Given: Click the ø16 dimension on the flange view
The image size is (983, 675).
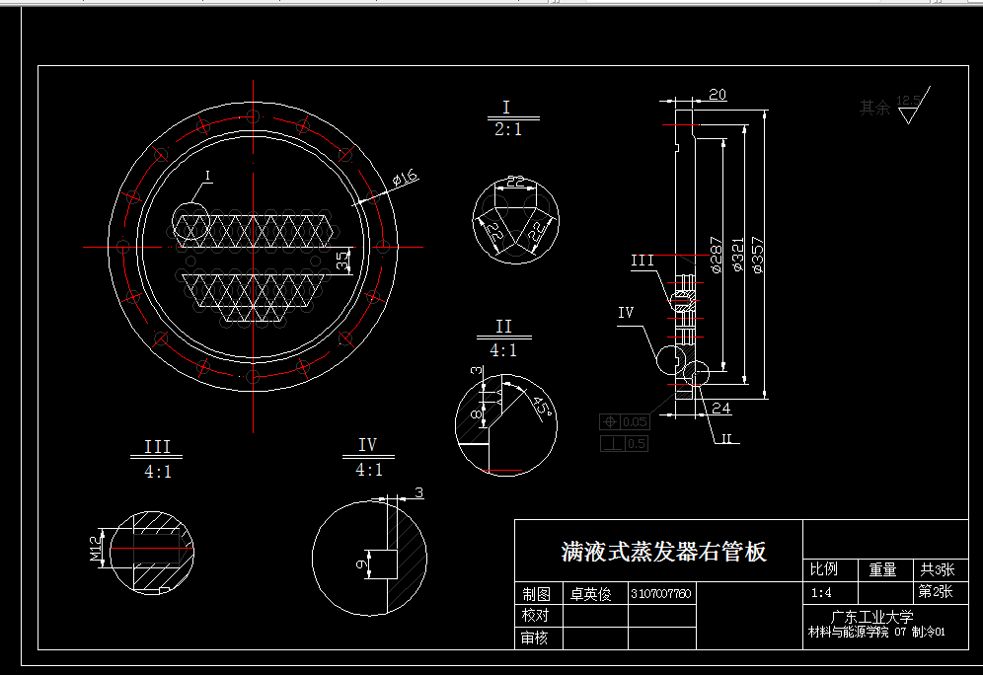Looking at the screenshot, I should pos(405,179).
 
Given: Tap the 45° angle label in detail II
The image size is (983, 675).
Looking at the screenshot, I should pos(540,407).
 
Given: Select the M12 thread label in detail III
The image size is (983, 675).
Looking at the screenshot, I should pos(96,550).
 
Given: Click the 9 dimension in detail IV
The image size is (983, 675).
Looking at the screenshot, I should pos(360,563).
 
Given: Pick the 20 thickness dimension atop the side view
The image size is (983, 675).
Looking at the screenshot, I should pos(718,95).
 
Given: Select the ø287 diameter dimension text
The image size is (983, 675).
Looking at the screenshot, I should pos(718,254).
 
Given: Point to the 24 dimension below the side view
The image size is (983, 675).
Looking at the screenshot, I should pos(719,408).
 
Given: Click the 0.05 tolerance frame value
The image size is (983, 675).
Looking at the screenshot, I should pos(635,422).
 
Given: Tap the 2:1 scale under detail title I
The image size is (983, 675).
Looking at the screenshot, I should pos(507,129).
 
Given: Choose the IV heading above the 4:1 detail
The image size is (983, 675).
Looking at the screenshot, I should pos(368,446).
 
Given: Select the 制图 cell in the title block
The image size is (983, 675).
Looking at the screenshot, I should pos(536,594).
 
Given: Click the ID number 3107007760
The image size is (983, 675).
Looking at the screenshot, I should pos(660,594).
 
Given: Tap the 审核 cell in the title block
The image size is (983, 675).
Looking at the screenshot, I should pos(536,638).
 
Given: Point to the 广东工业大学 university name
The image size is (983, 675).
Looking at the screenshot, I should pos(871,617).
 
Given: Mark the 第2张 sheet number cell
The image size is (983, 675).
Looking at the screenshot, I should pos(935,592).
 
